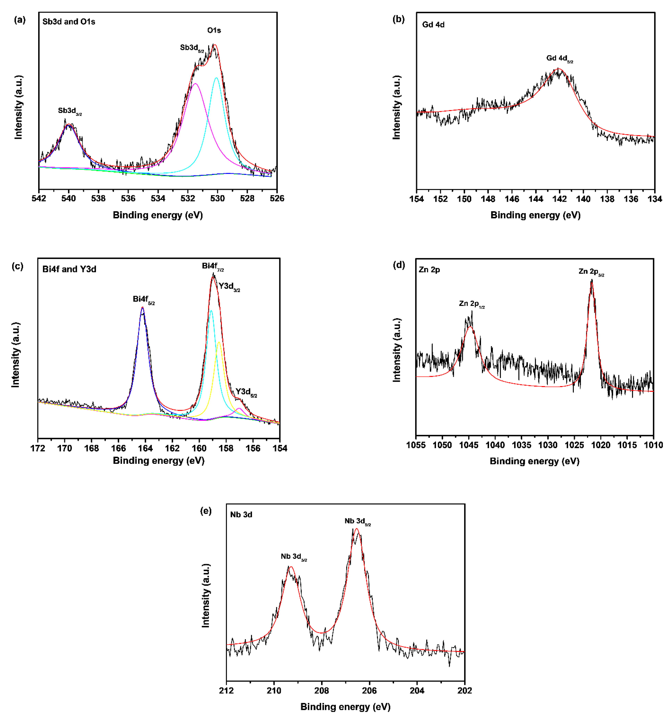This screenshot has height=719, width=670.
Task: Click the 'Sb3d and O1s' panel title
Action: [x=69, y=22]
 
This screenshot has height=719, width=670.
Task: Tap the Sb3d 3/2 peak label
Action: [x=70, y=111]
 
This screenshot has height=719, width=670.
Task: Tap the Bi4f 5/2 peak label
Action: [x=144, y=299]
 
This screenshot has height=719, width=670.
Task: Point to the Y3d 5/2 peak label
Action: [x=246, y=392]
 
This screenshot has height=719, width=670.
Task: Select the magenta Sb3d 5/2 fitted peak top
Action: [x=195, y=84]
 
